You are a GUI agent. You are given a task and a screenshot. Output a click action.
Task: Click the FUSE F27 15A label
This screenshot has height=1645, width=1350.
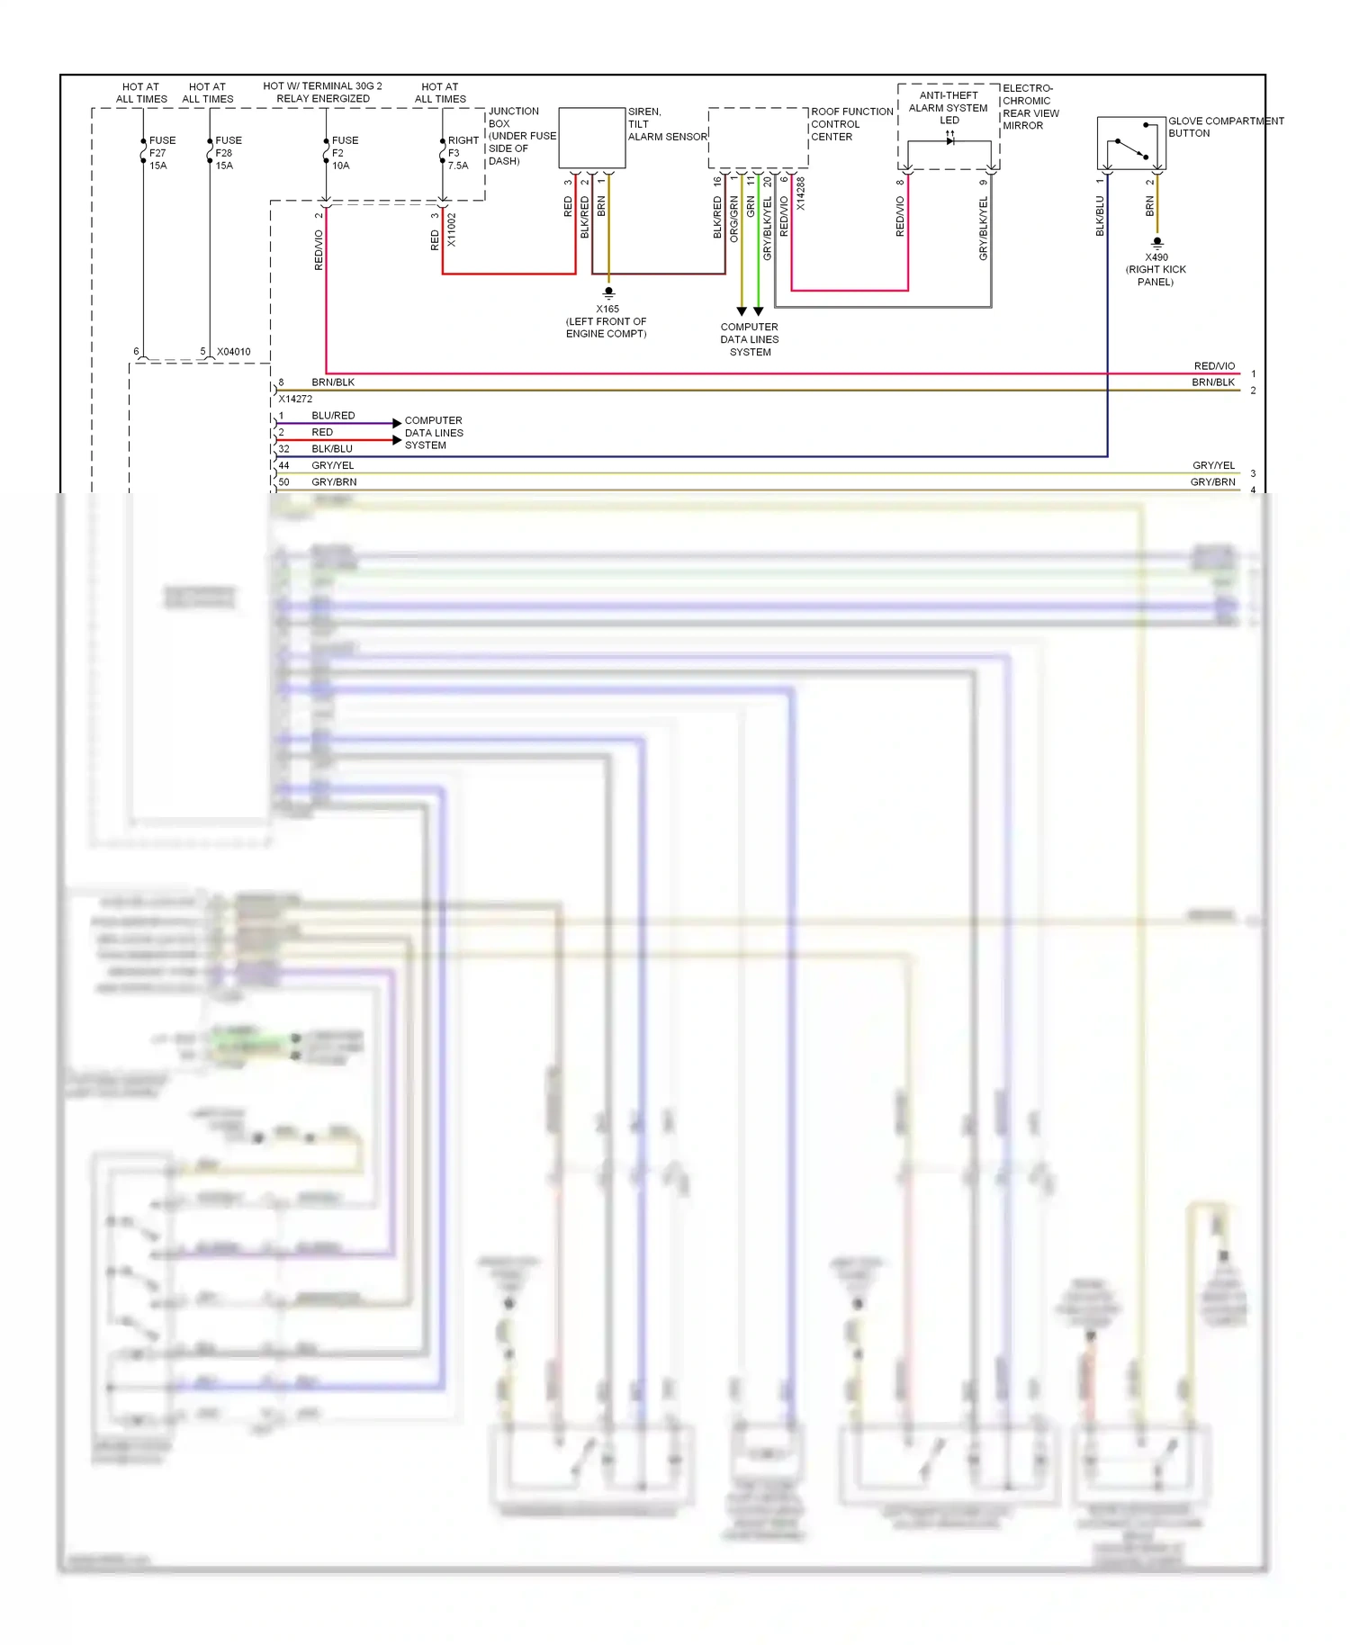tap(161, 153)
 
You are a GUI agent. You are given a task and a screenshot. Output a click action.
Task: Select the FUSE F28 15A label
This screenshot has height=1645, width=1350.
tap(228, 153)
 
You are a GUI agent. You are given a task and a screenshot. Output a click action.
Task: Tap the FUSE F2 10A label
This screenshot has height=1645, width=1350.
tap(344, 153)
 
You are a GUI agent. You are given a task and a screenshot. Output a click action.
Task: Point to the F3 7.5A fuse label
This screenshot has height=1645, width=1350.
tap(462, 153)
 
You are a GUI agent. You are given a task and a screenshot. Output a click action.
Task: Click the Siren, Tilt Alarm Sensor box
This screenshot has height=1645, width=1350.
tap(591, 138)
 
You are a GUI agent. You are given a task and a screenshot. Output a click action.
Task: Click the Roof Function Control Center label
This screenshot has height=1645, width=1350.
tap(850, 124)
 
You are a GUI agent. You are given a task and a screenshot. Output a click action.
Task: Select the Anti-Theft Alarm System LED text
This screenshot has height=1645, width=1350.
tap(948, 107)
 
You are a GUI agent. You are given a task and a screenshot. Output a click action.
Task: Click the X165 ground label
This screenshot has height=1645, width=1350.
tap(607, 320)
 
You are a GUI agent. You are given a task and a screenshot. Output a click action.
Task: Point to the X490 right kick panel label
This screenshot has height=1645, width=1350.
tap(1156, 269)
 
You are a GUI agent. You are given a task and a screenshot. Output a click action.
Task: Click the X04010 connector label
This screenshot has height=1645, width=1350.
tap(233, 352)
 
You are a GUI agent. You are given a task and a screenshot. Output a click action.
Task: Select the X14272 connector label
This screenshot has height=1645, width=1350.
tap(295, 399)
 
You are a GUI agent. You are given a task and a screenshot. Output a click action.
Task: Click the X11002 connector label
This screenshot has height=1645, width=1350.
tap(452, 229)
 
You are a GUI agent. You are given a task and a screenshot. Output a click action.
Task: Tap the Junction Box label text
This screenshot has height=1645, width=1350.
tap(521, 136)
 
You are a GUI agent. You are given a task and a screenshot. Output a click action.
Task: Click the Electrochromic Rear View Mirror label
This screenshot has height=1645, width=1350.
tap(1030, 107)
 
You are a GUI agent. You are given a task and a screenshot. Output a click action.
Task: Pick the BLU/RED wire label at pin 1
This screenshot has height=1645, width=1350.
tap(333, 416)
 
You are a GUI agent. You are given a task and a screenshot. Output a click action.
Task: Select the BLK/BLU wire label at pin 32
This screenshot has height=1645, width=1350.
tap(332, 448)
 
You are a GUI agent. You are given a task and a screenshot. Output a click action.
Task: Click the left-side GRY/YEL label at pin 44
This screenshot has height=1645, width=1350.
tap(332, 465)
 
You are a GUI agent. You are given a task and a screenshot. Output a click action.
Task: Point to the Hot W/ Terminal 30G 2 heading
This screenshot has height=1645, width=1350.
tap(322, 92)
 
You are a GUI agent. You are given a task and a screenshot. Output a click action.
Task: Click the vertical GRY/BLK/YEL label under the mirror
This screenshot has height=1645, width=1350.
tap(983, 229)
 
